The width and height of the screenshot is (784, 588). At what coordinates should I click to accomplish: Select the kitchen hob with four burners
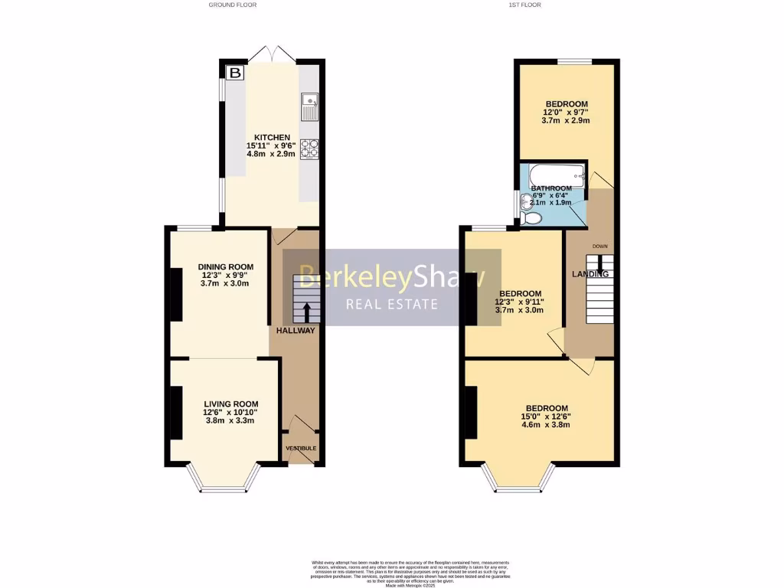[x=310, y=149]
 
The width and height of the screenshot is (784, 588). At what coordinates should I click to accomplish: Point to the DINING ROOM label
[x=225, y=267]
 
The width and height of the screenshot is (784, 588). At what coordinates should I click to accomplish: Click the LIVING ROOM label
[x=230, y=404]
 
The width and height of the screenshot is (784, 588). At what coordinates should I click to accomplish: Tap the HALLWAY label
[x=296, y=331]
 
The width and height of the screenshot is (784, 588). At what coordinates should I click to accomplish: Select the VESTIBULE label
[x=301, y=448]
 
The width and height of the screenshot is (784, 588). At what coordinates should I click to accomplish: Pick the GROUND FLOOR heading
[x=233, y=5]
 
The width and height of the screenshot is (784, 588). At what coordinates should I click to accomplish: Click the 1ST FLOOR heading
[x=524, y=5]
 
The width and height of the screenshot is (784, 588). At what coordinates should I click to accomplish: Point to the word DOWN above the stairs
[x=601, y=246]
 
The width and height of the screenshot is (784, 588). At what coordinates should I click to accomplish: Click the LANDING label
[x=590, y=274]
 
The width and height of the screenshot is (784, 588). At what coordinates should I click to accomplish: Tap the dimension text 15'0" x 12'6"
[x=547, y=416]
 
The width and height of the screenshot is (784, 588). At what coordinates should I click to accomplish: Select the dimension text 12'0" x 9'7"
[x=566, y=113]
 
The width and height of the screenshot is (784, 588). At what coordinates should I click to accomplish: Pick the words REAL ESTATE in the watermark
[x=392, y=305]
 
